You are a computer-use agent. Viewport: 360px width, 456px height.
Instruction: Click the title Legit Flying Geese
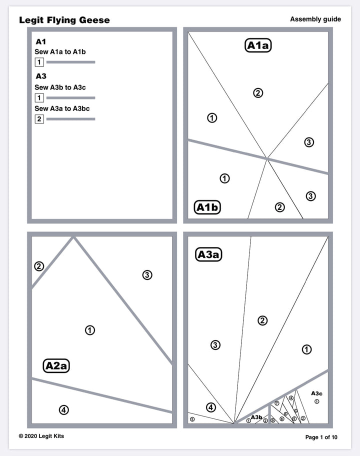(x=64, y=20)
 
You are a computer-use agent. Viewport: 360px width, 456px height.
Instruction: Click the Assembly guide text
(x=315, y=19)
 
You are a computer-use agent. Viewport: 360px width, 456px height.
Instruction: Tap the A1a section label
(x=258, y=45)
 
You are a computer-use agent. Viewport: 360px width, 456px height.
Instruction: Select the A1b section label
(x=207, y=207)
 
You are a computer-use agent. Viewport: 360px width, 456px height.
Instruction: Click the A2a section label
(x=56, y=366)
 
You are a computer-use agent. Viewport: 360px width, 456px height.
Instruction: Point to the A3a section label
(x=208, y=255)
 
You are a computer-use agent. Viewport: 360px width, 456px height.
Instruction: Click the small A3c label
(x=316, y=393)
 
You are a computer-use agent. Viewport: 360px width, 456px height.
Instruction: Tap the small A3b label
(x=256, y=417)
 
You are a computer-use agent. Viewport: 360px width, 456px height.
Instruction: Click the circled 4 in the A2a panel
(x=63, y=410)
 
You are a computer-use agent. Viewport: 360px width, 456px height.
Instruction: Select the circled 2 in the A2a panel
(x=39, y=266)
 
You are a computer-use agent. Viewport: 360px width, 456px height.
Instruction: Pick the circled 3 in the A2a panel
(x=147, y=275)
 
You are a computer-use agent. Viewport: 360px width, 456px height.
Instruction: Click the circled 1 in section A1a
(x=212, y=118)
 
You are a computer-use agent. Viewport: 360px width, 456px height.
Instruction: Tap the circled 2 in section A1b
(x=280, y=207)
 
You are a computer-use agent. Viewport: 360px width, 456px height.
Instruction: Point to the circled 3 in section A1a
(x=309, y=142)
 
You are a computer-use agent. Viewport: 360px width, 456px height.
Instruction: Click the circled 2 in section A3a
(x=262, y=320)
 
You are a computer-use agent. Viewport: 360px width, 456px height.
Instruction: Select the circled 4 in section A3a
(x=211, y=407)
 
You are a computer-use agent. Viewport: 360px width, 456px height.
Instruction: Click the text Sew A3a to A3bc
(x=62, y=108)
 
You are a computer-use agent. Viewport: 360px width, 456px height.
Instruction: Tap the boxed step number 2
(x=39, y=119)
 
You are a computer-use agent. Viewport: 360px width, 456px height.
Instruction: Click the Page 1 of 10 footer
(x=321, y=437)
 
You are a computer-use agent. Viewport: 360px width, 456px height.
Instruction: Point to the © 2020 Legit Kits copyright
(x=41, y=436)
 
